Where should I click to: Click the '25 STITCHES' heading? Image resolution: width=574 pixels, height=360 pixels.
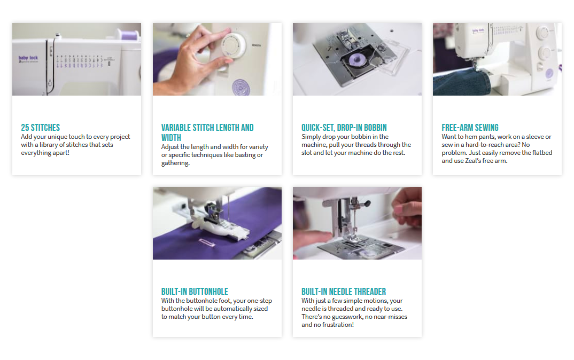coord(40,128)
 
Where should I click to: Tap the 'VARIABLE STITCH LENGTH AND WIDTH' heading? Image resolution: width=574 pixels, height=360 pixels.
coord(207,132)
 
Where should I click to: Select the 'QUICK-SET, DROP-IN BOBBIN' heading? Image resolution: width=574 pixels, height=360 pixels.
coord(344,128)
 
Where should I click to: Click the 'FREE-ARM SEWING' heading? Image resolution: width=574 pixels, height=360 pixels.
coord(470,128)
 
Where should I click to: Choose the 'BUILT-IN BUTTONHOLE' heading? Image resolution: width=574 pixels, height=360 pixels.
coord(195,292)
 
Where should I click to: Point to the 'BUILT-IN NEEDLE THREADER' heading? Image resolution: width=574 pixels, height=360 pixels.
coord(344,292)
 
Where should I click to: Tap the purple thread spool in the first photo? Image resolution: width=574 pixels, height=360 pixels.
coord(128,35)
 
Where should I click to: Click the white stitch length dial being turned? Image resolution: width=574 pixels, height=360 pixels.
coord(233,46)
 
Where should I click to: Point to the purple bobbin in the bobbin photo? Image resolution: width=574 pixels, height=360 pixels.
coord(354,60)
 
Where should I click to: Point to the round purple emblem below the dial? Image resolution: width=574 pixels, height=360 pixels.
coord(241,88)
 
